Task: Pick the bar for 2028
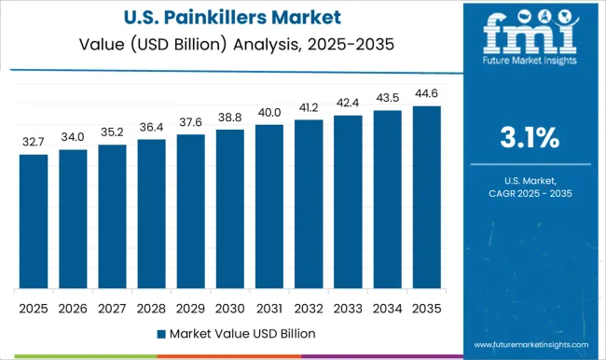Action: (x=151, y=214)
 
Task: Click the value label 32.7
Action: (x=34, y=143)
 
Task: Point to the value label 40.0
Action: (x=269, y=113)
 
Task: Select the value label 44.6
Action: (x=425, y=94)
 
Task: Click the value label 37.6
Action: (x=190, y=123)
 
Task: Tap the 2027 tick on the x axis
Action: (x=112, y=307)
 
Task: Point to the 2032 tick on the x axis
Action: (x=308, y=307)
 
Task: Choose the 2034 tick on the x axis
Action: (x=386, y=307)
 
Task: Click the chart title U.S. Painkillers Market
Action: (x=228, y=18)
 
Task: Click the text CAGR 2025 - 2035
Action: (x=529, y=192)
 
